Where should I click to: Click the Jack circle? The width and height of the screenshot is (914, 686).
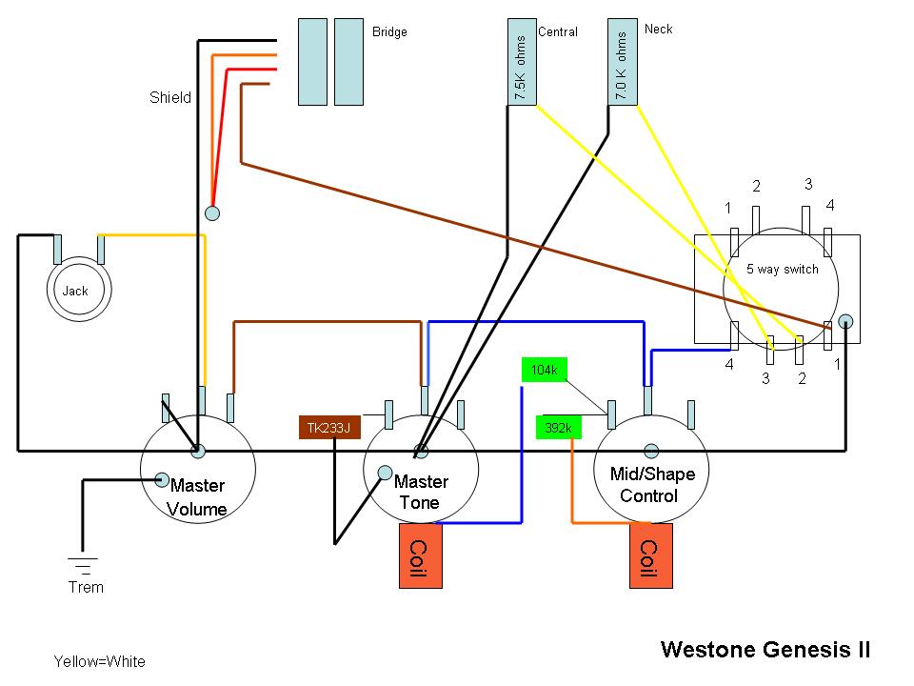pos(75,291)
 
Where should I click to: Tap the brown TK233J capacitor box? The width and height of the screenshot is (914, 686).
pos(328,429)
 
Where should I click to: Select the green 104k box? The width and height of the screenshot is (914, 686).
pos(544,370)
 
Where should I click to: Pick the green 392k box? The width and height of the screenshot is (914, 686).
pos(557,429)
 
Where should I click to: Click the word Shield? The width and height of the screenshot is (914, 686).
pos(169,97)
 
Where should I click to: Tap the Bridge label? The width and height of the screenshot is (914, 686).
pos(389,32)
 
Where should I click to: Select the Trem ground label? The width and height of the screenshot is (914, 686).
pos(86,587)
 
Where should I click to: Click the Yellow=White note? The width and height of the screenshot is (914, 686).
pos(100,661)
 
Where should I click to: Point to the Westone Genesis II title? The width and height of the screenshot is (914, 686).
pos(765,650)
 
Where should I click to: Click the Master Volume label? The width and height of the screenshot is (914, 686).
pos(197,497)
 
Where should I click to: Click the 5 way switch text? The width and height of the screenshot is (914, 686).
pos(782,269)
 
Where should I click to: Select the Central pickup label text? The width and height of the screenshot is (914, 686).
pos(558,32)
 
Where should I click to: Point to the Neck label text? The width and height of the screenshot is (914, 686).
pos(658,29)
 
